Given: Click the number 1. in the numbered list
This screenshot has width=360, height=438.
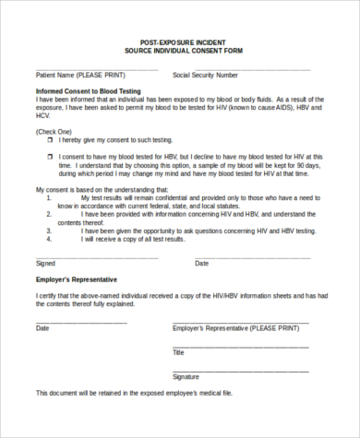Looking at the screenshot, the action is (47, 197).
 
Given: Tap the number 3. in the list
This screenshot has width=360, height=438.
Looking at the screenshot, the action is (47, 230).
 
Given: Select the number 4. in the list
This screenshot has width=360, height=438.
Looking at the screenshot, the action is (47, 238).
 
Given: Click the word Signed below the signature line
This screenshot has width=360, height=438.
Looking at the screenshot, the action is (45, 263).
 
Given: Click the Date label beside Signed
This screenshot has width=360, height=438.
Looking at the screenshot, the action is (201, 263).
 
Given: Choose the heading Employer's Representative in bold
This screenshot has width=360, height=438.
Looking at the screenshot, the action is (76, 278).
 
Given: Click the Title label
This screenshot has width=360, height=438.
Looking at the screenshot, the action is (179, 352).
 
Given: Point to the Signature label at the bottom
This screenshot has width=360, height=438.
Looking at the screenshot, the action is (186, 376).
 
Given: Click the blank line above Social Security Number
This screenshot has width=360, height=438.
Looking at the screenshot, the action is (241, 67).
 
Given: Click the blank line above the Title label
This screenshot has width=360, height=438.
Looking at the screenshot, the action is (240, 346).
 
